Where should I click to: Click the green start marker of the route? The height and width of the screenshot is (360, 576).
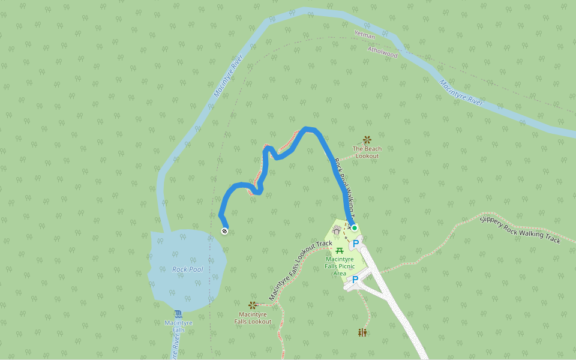pos(355,228)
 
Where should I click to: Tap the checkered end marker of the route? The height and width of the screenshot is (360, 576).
pos(224,231)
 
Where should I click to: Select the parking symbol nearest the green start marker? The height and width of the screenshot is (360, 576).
pos(356,244)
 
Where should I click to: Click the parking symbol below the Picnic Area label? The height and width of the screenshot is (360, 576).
pos(355,280)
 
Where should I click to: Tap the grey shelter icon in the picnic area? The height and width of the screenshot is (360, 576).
pos(336,230)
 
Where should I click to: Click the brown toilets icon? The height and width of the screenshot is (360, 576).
pos(362,332)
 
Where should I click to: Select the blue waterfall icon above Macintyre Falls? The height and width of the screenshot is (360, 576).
pos(178,314)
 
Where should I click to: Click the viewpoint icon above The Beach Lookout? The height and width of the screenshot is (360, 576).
pos(367,140)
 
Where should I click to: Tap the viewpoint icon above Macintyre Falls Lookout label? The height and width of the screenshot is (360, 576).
pos(253,305)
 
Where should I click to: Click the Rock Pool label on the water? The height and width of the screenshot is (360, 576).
pos(188,269)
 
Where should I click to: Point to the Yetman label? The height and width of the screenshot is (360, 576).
pos(365,35)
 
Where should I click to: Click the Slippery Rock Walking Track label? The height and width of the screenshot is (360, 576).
pos(520,229)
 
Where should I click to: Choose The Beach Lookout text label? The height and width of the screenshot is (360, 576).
pos(367,152)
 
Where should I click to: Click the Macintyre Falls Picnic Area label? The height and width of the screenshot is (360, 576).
pos(340,265)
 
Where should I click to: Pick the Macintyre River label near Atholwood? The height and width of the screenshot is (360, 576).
pos(461,92)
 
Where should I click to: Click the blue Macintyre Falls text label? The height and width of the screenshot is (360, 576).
pos(178,326)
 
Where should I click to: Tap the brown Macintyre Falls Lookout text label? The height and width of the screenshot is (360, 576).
pos(253,317)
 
